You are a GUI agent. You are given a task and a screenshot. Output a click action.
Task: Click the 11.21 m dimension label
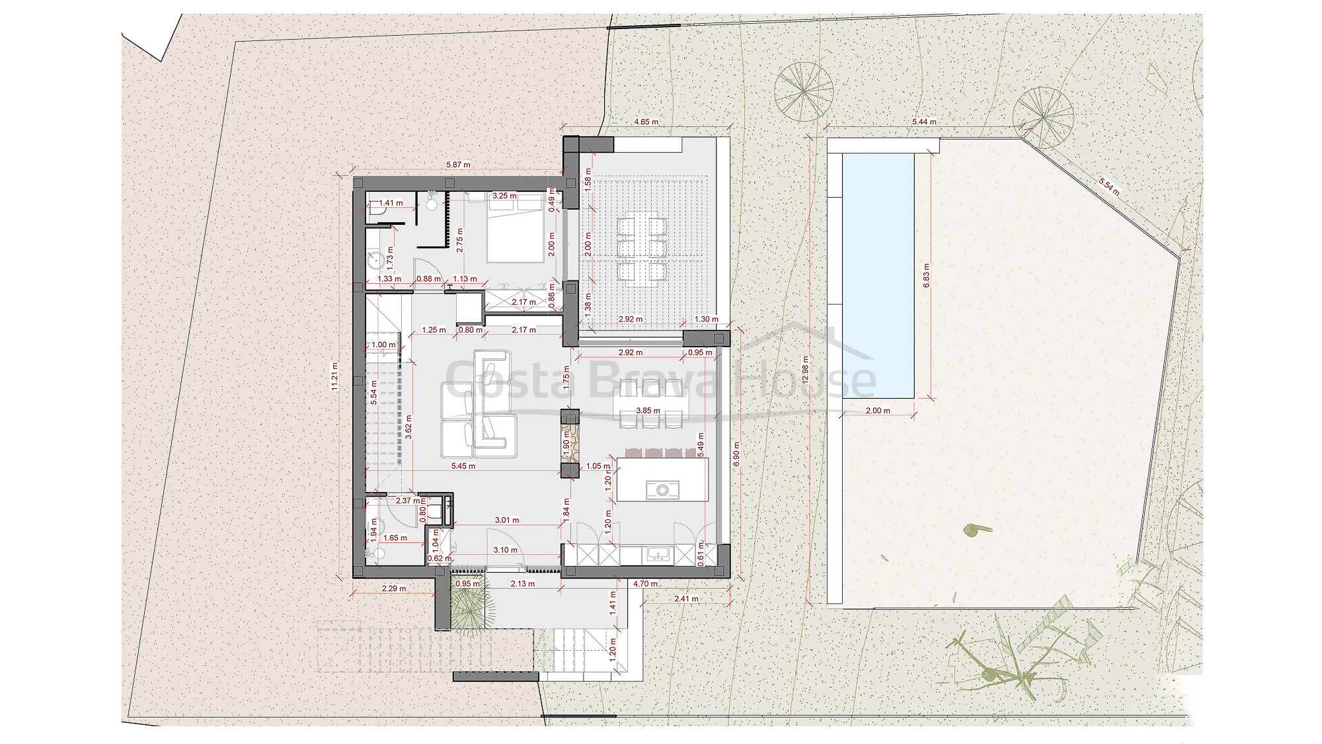pos(335,376)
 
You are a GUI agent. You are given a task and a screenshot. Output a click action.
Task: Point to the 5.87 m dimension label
pos(458,165)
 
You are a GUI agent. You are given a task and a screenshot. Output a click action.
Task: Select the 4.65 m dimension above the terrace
pos(646,122)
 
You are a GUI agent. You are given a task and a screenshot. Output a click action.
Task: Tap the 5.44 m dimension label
pos(924,122)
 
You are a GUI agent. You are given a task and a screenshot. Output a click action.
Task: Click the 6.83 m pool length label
pos(926,275)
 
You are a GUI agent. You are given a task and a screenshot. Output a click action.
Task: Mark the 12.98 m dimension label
pos(805,370)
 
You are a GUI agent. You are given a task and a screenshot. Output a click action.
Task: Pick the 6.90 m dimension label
pos(737,454)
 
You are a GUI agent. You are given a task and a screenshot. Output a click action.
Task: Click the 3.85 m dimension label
pos(648,411)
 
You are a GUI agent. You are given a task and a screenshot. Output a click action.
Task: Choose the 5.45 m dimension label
pos(463,466)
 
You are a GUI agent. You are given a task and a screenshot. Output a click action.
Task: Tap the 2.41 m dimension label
pos(686,599)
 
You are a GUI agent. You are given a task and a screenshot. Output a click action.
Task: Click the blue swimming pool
pos(878,275)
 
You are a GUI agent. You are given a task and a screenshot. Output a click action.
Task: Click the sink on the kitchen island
pos(662,490)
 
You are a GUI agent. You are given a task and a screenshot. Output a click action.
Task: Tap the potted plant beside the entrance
pos(469,604)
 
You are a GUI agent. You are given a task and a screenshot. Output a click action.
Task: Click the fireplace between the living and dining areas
pos(569,443)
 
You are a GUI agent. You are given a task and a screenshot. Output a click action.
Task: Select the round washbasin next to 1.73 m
pos(375,261)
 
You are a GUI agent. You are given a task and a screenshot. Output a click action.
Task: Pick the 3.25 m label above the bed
pos(504,196)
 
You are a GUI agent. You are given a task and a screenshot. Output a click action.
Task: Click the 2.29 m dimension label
pos(394,589)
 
